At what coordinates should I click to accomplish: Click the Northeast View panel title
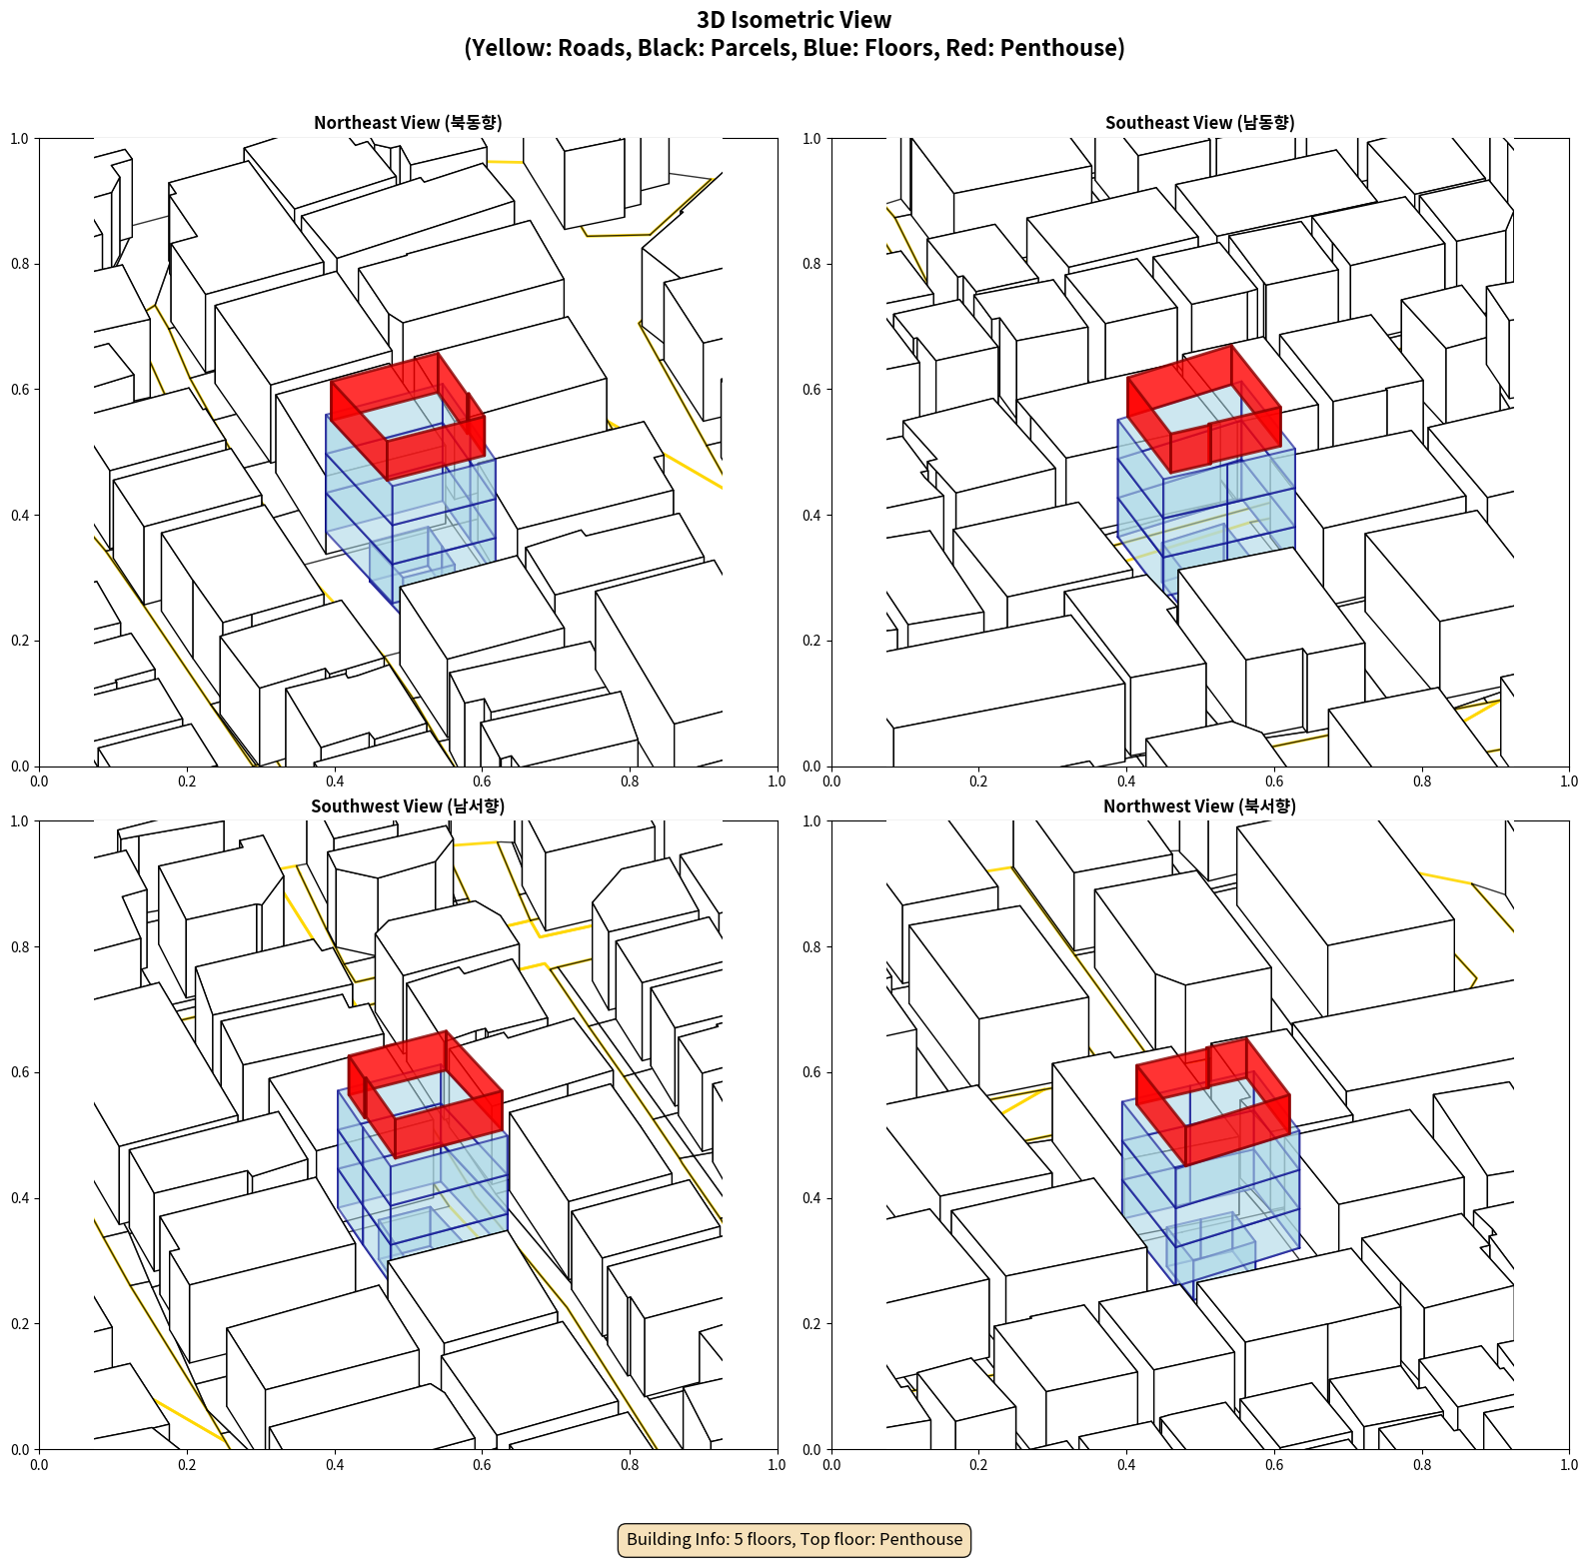point(408,122)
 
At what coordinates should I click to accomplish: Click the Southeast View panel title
point(1199,122)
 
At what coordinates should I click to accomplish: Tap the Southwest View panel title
point(408,805)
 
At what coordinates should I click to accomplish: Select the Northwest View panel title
point(1199,805)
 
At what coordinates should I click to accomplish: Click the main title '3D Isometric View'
point(794,20)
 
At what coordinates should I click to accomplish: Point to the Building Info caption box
point(794,1539)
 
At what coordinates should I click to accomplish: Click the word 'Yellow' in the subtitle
point(512,48)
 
